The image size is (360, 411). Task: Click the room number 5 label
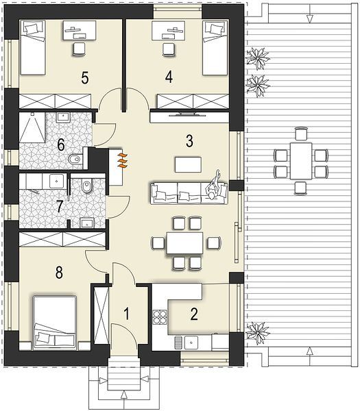(85, 77)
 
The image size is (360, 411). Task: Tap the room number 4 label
(169, 77)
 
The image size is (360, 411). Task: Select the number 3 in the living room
(189, 141)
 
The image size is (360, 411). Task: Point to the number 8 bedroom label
(59, 273)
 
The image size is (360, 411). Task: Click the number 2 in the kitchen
(194, 314)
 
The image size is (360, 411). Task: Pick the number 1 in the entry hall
(127, 314)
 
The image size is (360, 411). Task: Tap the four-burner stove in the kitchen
(160, 317)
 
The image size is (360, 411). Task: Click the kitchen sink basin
(191, 342)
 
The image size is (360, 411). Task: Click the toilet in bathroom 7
(86, 186)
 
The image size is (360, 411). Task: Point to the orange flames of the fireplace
(123, 160)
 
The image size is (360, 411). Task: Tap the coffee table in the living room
(188, 164)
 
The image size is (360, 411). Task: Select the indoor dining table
(184, 243)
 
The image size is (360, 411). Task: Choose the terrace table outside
(301, 161)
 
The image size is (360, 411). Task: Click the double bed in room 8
(54, 323)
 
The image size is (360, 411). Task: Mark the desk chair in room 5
(79, 49)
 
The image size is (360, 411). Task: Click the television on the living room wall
(187, 114)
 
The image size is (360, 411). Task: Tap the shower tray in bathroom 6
(32, 127)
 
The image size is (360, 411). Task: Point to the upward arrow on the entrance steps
(125, 395)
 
